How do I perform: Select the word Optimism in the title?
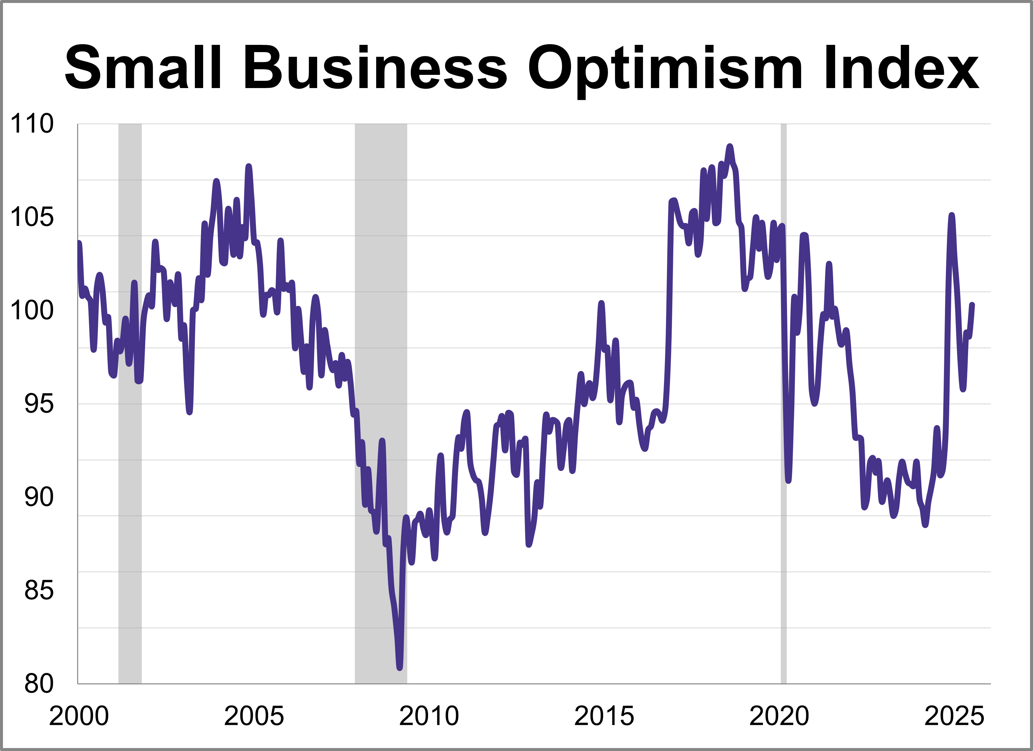(665, 68)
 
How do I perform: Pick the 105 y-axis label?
(32, 217)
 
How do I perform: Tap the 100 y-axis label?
(32, 310)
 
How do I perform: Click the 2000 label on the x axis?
(78, 716)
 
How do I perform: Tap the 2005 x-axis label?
(254, 716)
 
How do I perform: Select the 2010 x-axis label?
(429, 716)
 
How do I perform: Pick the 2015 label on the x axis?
(604, 716)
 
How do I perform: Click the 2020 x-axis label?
(779, 716)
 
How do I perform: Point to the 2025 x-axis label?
(954, 716)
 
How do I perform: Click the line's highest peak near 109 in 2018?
(730, 146)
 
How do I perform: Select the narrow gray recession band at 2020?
(783, 410)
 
